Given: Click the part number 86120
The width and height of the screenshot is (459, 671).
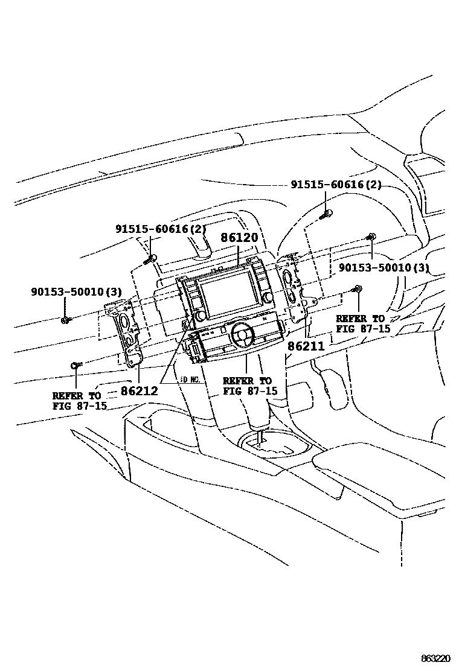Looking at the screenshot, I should [239, 238].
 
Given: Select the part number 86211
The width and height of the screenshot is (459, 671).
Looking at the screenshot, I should [306, 347].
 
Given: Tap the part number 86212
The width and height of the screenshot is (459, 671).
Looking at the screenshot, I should [139, 391].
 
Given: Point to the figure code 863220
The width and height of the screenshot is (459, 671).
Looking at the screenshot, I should [437, 657].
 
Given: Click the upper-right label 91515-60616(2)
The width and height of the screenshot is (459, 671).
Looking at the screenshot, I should [336, 185].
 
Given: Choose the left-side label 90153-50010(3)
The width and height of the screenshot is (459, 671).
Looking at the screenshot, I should [77, 292].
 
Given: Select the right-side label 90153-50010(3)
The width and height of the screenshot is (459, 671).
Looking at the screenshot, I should [383, 267].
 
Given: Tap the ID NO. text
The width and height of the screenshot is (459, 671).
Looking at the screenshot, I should [190, 381].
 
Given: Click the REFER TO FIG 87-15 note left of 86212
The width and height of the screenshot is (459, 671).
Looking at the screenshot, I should [79, 401].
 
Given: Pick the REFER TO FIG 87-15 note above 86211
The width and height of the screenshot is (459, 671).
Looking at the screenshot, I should [363, 323].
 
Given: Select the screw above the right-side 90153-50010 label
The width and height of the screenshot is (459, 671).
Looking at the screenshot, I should [371, 237].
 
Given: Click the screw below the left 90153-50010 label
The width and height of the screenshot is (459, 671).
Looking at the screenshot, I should [66, 319].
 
